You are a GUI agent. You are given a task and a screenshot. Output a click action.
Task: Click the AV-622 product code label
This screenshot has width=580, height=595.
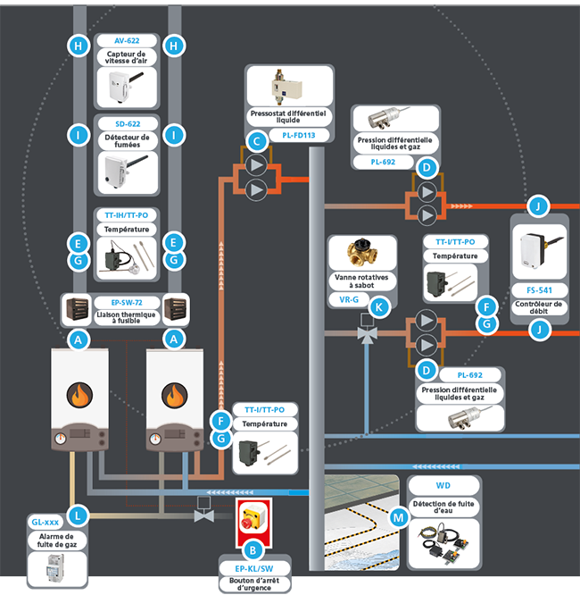coord(127,41)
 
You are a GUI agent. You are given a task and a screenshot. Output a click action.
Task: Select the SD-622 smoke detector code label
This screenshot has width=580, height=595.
coord(127,122)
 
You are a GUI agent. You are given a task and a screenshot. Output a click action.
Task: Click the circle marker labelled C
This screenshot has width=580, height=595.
coord(257,140)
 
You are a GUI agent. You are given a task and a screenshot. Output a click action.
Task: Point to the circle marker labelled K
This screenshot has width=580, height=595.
coord(380,306)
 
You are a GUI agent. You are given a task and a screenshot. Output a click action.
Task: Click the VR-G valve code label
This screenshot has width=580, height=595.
coord(349,299)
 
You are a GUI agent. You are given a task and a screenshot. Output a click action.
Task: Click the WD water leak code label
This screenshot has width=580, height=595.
coord(443,486)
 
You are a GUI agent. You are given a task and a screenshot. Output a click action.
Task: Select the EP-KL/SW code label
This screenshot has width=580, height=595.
coord(255,567)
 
